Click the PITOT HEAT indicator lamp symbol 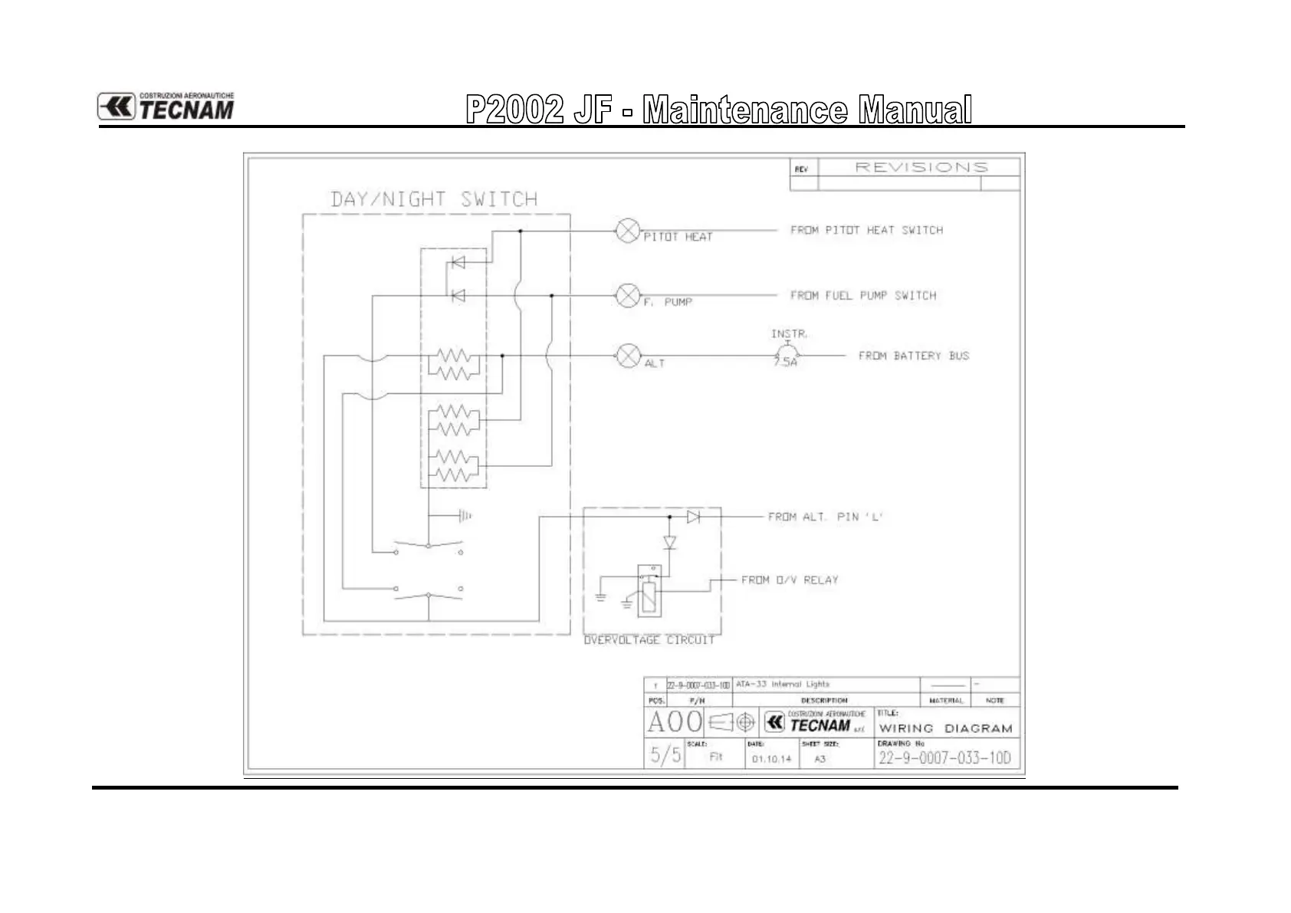pos(628,231)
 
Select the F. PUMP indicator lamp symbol pos(628,295)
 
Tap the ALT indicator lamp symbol pos(628,356)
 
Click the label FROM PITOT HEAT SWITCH pos(866,230)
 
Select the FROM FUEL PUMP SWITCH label pos(863,295)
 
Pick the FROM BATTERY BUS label pos(913,356)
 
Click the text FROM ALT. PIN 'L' pos(826,517)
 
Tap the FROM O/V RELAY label pos(790,580)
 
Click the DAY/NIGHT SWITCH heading pos(434,199)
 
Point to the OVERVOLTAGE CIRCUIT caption pos(649,639)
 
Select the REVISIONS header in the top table pos(921,167)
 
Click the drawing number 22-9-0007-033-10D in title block pos(944,758)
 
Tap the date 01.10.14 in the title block pos(771,759)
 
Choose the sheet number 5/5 pos(665,755)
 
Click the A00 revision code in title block pos(675,722)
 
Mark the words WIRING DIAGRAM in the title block pos(945,728)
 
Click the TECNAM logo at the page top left pos(166,107)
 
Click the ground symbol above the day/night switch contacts pos(464,516)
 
